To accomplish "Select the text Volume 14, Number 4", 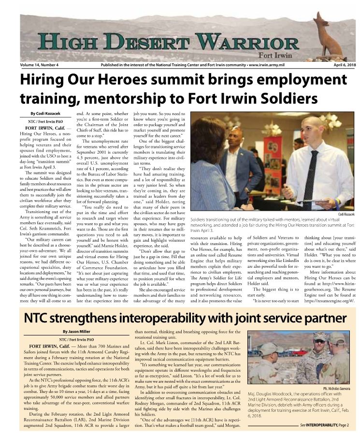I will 39,65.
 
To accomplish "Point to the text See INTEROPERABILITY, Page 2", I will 327,425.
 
